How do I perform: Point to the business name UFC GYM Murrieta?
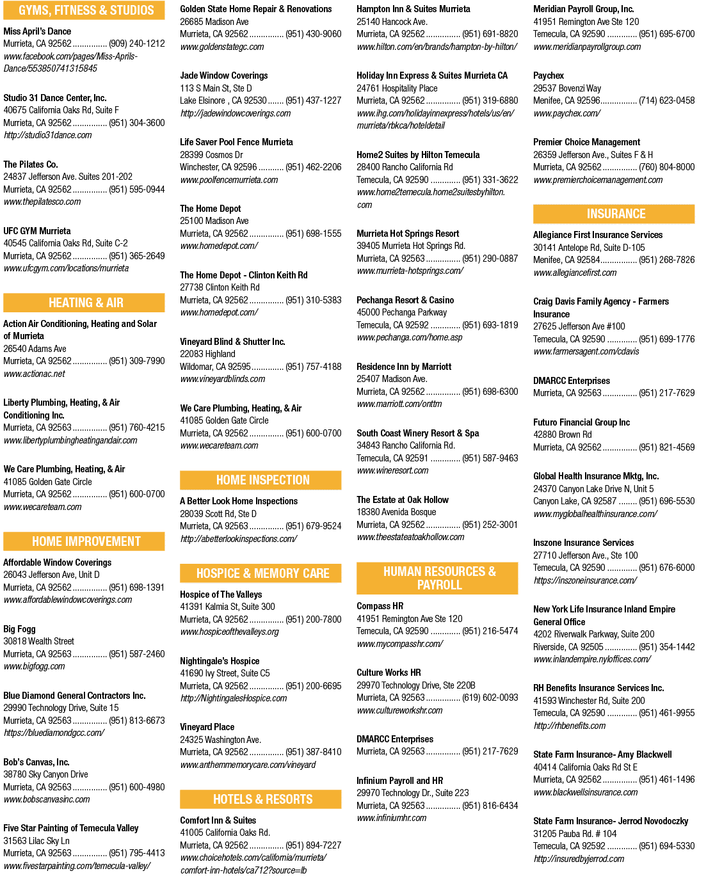[37, 231]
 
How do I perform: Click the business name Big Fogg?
[20, 629]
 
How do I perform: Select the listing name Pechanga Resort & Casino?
[405, 300]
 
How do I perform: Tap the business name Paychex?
[549, 76]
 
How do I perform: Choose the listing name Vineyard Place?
[207, 727]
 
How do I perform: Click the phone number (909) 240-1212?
[137, 44]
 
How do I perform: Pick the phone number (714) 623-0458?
[666, 100]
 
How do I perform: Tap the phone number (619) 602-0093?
[490, 698]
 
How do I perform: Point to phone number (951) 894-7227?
[314, 845]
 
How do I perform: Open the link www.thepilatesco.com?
[42, 202]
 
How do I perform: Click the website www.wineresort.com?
[392, 470]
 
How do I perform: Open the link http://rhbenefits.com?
[570, 726]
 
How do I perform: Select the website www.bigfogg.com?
[35, 666]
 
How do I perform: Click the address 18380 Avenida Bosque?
[396, 512]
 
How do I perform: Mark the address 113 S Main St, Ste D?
[216, 88]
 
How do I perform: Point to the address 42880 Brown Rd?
[563, 435]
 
